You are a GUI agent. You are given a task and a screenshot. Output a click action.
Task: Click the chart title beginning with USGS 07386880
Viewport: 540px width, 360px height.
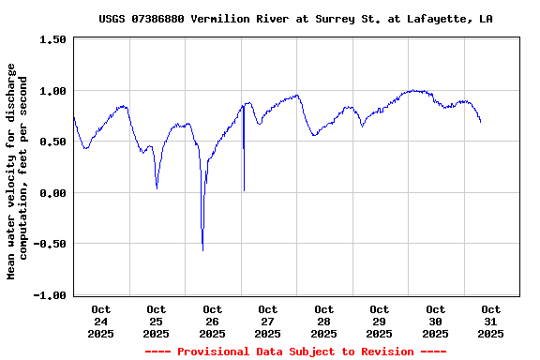point(296,19)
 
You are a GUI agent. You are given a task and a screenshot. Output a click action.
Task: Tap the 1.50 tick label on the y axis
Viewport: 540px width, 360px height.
point(52,40)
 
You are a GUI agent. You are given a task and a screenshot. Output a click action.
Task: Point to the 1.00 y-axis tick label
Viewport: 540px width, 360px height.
point(52,91)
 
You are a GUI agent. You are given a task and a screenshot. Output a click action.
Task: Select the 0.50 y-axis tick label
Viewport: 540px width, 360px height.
point(52,142)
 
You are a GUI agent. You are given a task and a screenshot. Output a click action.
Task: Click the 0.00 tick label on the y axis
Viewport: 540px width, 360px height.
point(52,193)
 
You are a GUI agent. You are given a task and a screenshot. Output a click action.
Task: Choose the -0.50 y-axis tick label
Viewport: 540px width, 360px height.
point(49,244)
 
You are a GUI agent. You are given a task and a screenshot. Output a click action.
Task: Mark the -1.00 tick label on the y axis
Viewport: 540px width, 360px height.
point(49,295)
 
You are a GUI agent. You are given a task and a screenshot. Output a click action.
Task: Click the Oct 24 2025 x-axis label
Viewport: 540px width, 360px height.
point(100,321)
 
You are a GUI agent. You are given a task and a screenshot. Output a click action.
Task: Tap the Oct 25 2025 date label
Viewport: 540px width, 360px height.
point(157,321)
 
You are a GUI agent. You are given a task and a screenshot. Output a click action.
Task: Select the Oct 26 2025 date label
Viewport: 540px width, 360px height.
point(212,321)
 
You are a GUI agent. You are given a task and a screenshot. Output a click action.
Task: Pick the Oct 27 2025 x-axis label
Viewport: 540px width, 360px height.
point(268,321)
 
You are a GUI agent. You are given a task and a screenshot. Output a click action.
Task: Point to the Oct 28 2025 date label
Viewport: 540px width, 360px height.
point(323,321)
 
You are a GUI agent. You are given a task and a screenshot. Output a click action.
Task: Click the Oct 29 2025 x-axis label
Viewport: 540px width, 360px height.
point(380,321)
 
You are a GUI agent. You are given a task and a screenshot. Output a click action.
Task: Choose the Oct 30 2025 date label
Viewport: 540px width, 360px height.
point(435,321)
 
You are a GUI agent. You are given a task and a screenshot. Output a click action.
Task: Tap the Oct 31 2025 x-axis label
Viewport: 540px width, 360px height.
point(490,321)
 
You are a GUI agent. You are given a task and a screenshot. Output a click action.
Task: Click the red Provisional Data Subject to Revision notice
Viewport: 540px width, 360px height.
point(296,352)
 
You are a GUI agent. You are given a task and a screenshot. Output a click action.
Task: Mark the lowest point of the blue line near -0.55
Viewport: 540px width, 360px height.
point(202,249)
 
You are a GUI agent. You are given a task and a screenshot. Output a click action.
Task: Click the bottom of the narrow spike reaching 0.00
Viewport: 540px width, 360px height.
point(244,190)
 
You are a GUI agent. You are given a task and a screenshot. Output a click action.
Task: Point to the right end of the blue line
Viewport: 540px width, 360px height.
point(481,122)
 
